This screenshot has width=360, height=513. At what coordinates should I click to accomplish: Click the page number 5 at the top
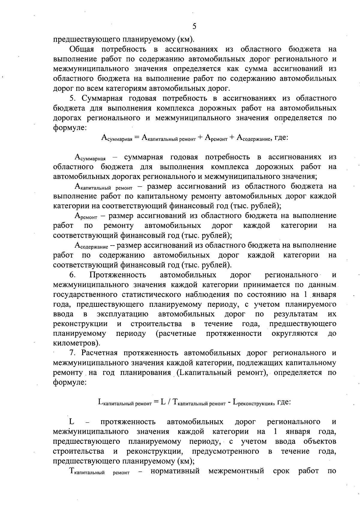(194, 26)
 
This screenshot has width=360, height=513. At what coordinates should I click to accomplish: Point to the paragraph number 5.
(72, 98)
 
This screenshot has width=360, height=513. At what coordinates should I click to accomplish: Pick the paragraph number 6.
(72, 275)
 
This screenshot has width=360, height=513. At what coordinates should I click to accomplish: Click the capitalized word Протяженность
(118, 275)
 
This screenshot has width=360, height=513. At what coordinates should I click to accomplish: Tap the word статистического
(154, 295)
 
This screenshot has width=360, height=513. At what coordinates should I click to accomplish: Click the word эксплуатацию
(123, 314)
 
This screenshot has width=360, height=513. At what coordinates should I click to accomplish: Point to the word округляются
(295, 334)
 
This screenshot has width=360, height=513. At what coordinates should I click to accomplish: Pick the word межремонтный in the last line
(236, 471)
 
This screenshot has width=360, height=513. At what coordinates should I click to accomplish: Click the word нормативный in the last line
(175, 471)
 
